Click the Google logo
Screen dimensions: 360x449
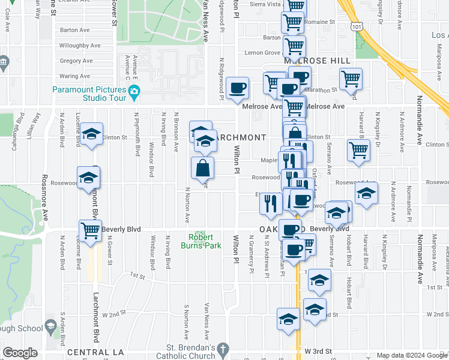click(20, 353)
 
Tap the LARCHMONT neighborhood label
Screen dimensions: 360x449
click(240, 137)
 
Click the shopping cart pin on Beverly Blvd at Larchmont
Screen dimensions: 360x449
click(90, 230)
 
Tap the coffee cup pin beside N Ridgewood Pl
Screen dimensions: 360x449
click(238, 88)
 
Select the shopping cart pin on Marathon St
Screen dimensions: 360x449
click(351, 78)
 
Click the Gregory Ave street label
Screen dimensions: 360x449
click(76, 61)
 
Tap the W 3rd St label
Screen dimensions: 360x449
click(318, 350)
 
